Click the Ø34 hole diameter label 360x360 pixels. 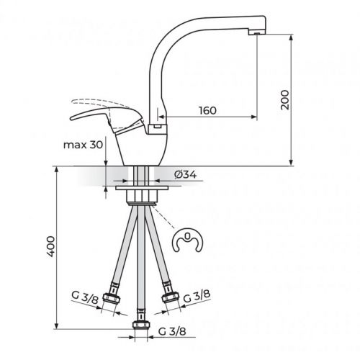pos(186,174)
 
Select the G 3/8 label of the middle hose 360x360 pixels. pos(170,333)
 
